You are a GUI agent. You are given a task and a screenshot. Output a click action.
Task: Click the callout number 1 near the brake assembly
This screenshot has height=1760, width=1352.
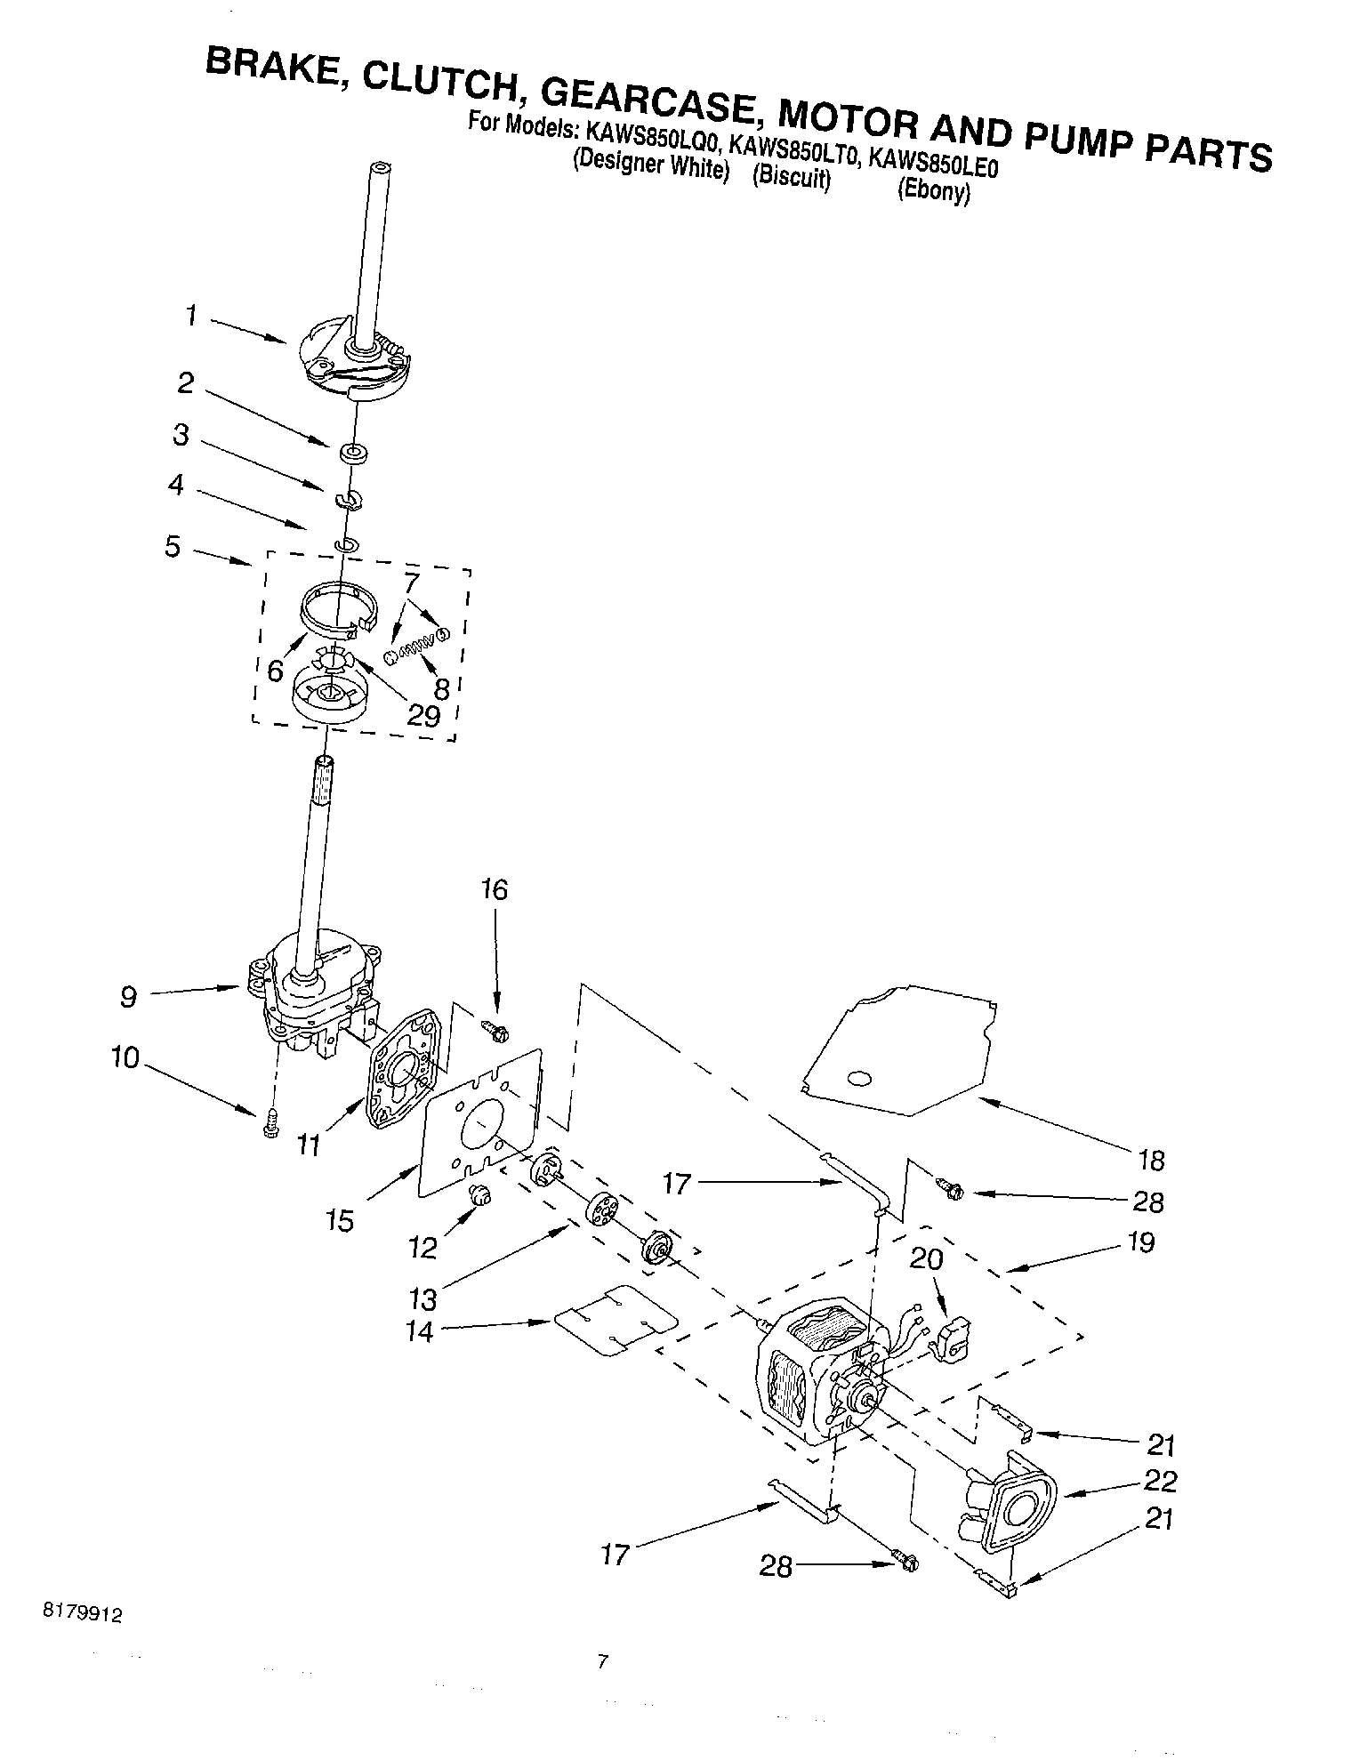click(191, 316)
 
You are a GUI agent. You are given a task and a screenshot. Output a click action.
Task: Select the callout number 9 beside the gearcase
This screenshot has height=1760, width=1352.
click(128, 997)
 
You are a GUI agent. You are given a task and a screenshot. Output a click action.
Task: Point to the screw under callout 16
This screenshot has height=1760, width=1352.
click(495, 1031)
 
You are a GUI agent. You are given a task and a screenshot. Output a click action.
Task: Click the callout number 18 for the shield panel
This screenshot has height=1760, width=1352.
click(1150, 1160)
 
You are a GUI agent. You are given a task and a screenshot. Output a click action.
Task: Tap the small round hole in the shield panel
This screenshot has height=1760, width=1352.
click(860, 1079)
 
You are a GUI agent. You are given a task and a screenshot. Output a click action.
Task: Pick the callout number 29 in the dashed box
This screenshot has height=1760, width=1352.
click(423, 716)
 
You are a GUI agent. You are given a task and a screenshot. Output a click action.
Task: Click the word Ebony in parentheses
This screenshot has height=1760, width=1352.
click(933, 192)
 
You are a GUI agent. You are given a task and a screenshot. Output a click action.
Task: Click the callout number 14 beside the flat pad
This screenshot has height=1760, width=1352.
click(419, 1332)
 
